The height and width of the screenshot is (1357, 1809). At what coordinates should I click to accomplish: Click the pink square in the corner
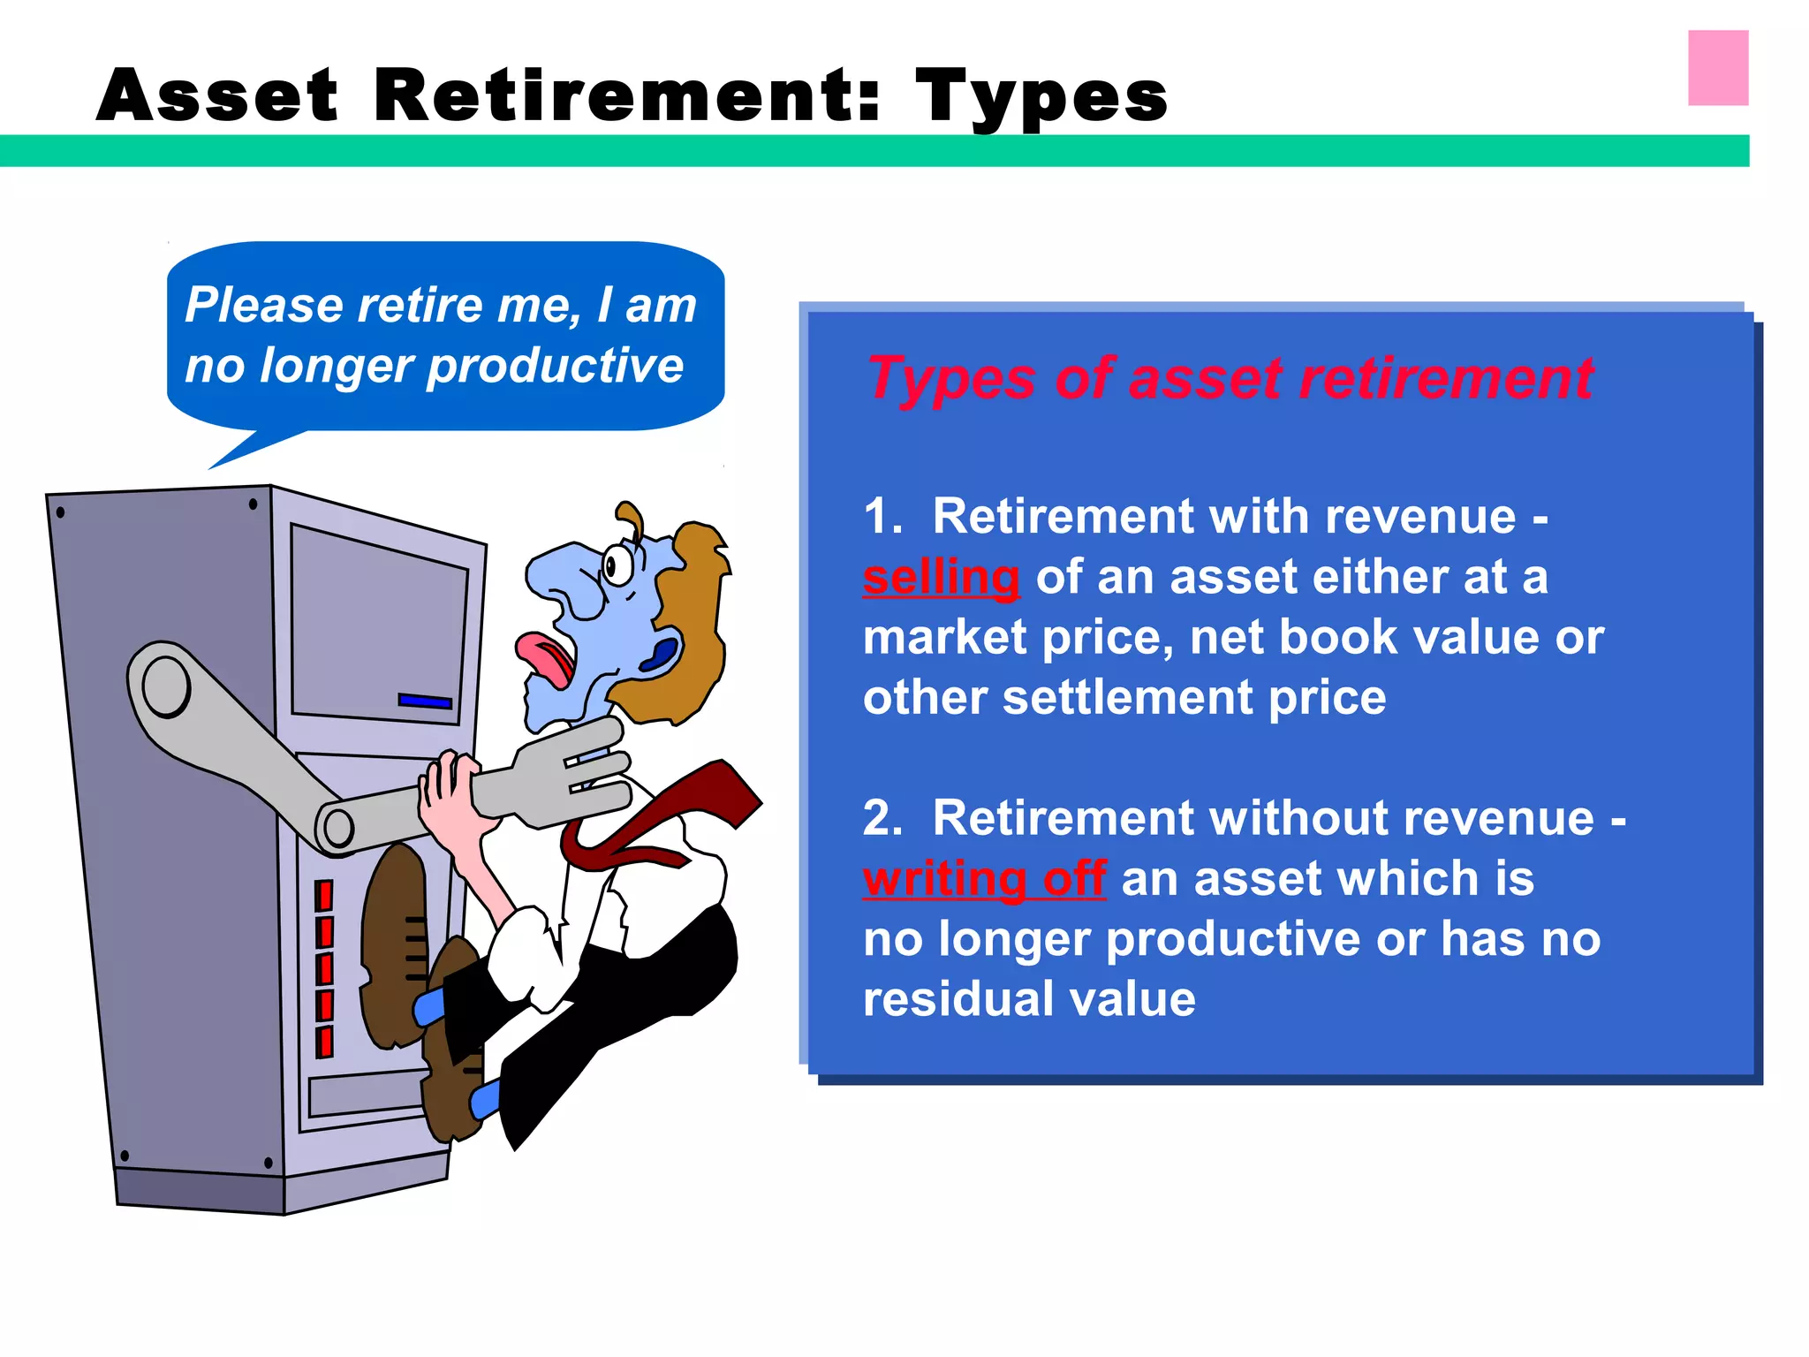1717,68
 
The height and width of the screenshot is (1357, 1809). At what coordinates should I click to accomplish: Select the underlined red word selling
941,578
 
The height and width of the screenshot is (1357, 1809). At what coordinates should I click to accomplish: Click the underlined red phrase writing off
984,879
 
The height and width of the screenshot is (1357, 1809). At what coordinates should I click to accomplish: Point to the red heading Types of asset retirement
1230,378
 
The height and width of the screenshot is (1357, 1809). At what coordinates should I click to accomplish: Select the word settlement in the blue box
1127,698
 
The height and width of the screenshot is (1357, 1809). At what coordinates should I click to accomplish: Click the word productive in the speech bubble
555,366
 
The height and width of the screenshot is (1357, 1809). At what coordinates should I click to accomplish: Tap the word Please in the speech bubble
264,306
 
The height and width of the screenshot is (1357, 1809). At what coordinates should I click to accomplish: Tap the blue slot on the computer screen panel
425,701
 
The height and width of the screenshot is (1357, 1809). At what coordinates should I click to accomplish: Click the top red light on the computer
324,895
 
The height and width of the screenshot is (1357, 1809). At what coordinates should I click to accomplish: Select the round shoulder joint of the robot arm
165,686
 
